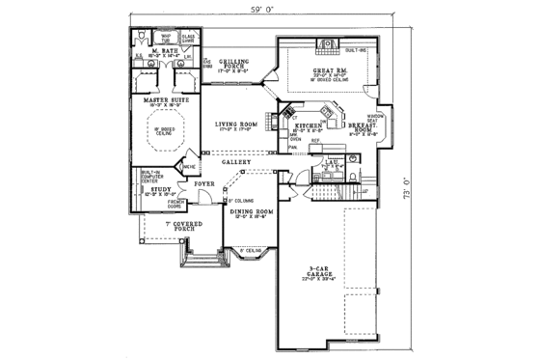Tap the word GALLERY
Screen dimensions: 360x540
click(236, 162)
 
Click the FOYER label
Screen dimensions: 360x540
click(205, 180)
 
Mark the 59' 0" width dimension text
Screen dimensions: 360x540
click(263, 11)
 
